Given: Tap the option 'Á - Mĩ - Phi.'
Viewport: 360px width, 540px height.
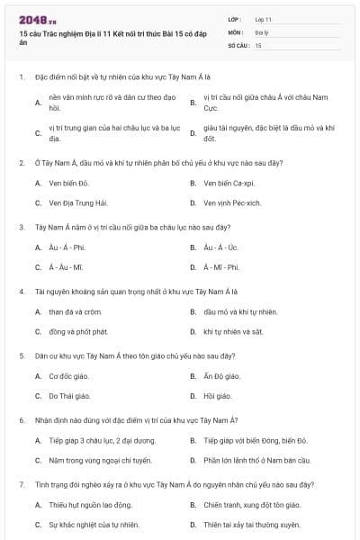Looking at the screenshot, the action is [x=221, y=267].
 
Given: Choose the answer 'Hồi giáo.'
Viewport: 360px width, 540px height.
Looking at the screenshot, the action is [x=217, y=396].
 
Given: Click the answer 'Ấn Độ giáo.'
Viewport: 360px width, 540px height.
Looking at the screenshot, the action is [x=221, y=376].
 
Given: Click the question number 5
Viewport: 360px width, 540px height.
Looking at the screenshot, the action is [x=22, y=355].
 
